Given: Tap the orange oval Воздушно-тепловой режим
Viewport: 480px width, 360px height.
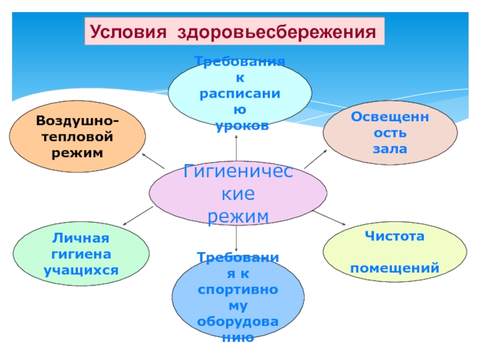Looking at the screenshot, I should click(77, 137).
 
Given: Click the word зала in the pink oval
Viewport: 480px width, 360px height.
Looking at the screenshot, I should click(390, 148).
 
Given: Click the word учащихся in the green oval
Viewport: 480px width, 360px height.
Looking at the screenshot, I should click(81, 269).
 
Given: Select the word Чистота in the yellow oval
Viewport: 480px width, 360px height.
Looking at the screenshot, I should click(395, 236).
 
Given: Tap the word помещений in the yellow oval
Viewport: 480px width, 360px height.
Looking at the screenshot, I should click(395, 268).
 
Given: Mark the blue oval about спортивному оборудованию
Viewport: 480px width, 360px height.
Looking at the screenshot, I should click(238, 297).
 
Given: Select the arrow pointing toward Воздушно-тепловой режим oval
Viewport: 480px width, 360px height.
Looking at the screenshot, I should click(153, 161).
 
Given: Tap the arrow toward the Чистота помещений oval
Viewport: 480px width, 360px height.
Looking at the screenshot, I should click(327, 217).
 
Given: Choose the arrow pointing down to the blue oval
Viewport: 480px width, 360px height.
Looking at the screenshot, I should click(238, 237).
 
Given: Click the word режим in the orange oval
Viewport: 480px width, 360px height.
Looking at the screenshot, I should click(77, 153).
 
